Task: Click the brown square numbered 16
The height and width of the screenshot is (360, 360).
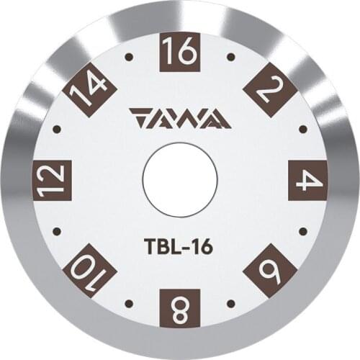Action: (179, 51)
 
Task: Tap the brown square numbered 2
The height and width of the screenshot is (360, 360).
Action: (270, 89)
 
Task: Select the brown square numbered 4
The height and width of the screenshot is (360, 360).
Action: (307, 180)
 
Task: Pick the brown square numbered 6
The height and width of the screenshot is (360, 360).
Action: (270, 270)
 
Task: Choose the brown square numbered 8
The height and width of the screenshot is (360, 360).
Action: (179, 308)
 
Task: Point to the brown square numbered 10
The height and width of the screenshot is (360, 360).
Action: (90, 270)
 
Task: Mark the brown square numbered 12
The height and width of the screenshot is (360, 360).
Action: (52, 180)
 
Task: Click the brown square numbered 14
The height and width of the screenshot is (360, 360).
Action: (90, 89)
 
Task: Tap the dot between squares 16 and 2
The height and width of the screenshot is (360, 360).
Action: (230, 56)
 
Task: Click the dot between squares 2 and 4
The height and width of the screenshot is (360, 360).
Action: (303, 130)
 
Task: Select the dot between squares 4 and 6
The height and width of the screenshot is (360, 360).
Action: (303, 231)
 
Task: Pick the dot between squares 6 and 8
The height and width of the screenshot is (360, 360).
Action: (230, 303)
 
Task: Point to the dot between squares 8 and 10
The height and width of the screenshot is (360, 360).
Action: (129, 303)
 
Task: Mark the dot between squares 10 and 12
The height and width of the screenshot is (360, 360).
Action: (56, 231)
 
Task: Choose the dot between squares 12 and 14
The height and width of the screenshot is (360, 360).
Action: (56, 130)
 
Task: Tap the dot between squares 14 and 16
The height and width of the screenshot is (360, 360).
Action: (129, 56)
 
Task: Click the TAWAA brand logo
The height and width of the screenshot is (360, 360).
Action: (180, 117)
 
